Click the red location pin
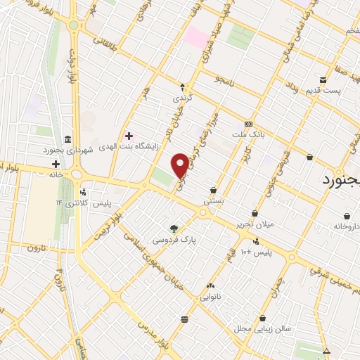pos(180,165)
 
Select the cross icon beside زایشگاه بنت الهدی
pos(128,135)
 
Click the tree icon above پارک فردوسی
pos(174,228)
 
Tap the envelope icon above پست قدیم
pos(323,79)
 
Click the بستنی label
pos(214,200)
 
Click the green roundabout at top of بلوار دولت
pos(74,25)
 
